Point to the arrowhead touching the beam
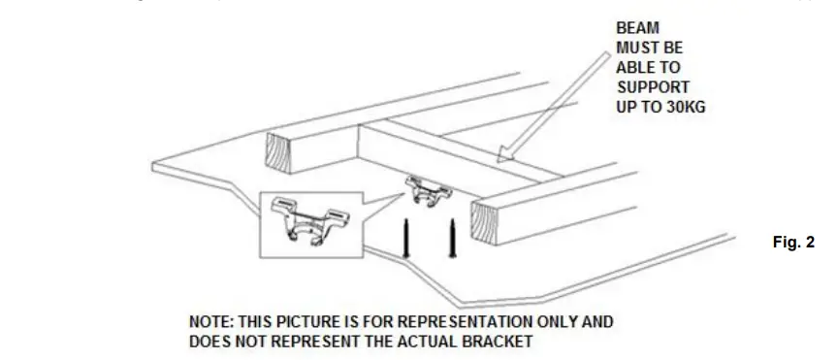(x=505, y=154)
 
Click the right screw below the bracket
(x=451, y=239)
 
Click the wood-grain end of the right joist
(x=490, y=223)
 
